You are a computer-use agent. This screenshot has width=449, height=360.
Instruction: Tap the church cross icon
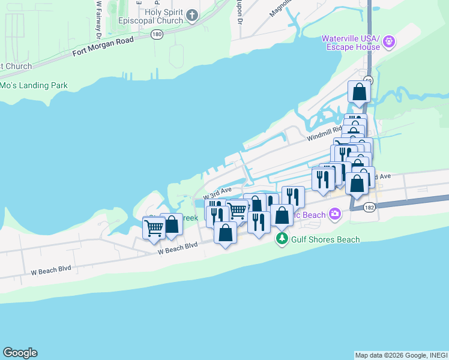[x=192, y=15]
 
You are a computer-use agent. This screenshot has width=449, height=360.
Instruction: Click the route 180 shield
[x=157, y=35]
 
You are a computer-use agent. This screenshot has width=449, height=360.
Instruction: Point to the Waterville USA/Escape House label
[x=351, y=43]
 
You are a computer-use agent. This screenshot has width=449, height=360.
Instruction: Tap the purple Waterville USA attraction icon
[x=389, y=41]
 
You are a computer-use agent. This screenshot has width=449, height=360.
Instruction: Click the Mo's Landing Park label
[x=34, y=86]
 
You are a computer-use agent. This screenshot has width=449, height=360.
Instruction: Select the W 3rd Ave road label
[x=217, y=193]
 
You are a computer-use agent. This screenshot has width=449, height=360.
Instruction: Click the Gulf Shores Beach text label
[x=326, y=239]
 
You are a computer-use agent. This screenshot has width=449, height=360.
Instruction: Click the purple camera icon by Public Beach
[x=335, y=214]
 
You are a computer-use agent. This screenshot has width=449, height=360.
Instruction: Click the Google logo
[x=20, y=353]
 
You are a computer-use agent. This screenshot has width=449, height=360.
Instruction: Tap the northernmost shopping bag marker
[x=359, y=92]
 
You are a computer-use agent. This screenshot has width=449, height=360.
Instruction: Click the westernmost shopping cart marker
[x=154, y=228]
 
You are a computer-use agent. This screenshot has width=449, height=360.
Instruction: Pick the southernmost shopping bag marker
[x=225, y=232]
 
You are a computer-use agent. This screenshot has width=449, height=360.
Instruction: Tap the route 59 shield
[x=369, y=79]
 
